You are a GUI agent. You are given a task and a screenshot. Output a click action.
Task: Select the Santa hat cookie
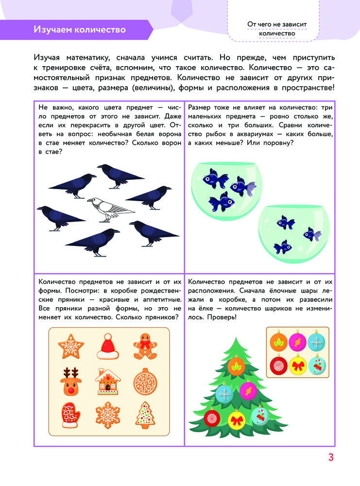click(x=108, y=346)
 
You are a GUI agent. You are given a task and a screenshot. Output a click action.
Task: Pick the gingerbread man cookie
click(x=144, y=346)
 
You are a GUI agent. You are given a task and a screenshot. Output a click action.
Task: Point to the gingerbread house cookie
click(x=108, y=381)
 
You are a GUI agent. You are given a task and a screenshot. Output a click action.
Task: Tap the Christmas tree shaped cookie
click(x=144, y=414)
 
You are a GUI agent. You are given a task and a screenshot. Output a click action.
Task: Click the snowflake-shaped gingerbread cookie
click(x=108, y=414)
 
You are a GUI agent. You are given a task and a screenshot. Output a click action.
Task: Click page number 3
click(x=331, y=457)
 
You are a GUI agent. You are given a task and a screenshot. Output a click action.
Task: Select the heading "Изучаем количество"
click(x=79, y=30)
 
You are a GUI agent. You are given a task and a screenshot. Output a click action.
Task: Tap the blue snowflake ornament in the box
click(x=317, y=343)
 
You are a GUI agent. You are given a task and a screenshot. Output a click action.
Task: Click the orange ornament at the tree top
click(x=237, y=366)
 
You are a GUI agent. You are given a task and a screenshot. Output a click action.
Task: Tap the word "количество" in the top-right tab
click(x=277, y=33)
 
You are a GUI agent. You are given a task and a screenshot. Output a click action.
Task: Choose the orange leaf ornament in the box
click(x=278, y=343)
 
